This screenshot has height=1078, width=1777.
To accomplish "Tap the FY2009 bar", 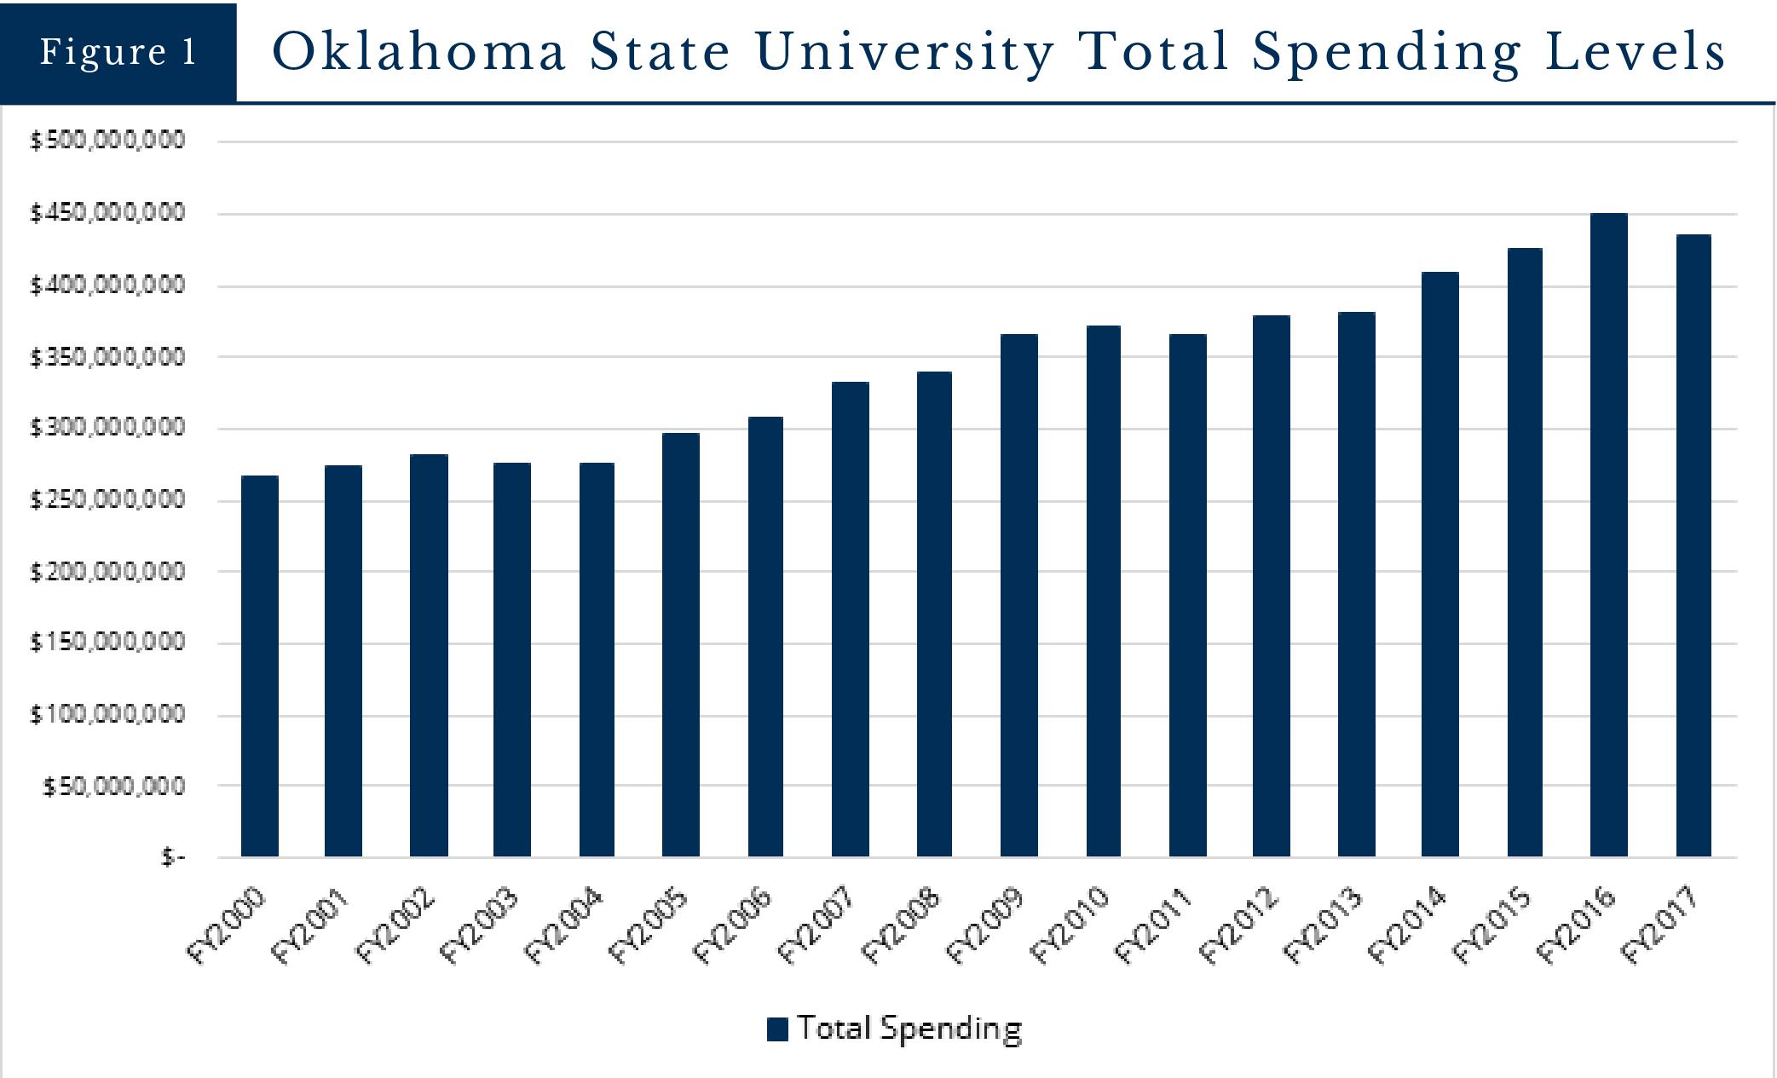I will click(1018, 596).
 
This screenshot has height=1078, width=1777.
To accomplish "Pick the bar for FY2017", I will click(1693, 545).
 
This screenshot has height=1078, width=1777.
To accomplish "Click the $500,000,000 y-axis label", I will click(107, 141).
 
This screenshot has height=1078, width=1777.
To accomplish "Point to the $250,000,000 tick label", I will click(107, 499).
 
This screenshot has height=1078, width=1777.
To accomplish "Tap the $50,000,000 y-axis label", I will click(113, 786).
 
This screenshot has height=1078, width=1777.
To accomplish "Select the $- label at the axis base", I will click(173, 857).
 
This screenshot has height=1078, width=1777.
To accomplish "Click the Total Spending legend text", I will click(909, 1029).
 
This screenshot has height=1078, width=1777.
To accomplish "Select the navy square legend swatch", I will click(776, 1029).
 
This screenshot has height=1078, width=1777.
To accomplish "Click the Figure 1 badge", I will click(118, 52).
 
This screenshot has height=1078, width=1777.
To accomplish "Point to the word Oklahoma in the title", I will click(419, 52).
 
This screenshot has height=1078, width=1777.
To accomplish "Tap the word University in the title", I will click(904, 52).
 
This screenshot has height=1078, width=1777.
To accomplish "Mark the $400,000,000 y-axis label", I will click(107, 285).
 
